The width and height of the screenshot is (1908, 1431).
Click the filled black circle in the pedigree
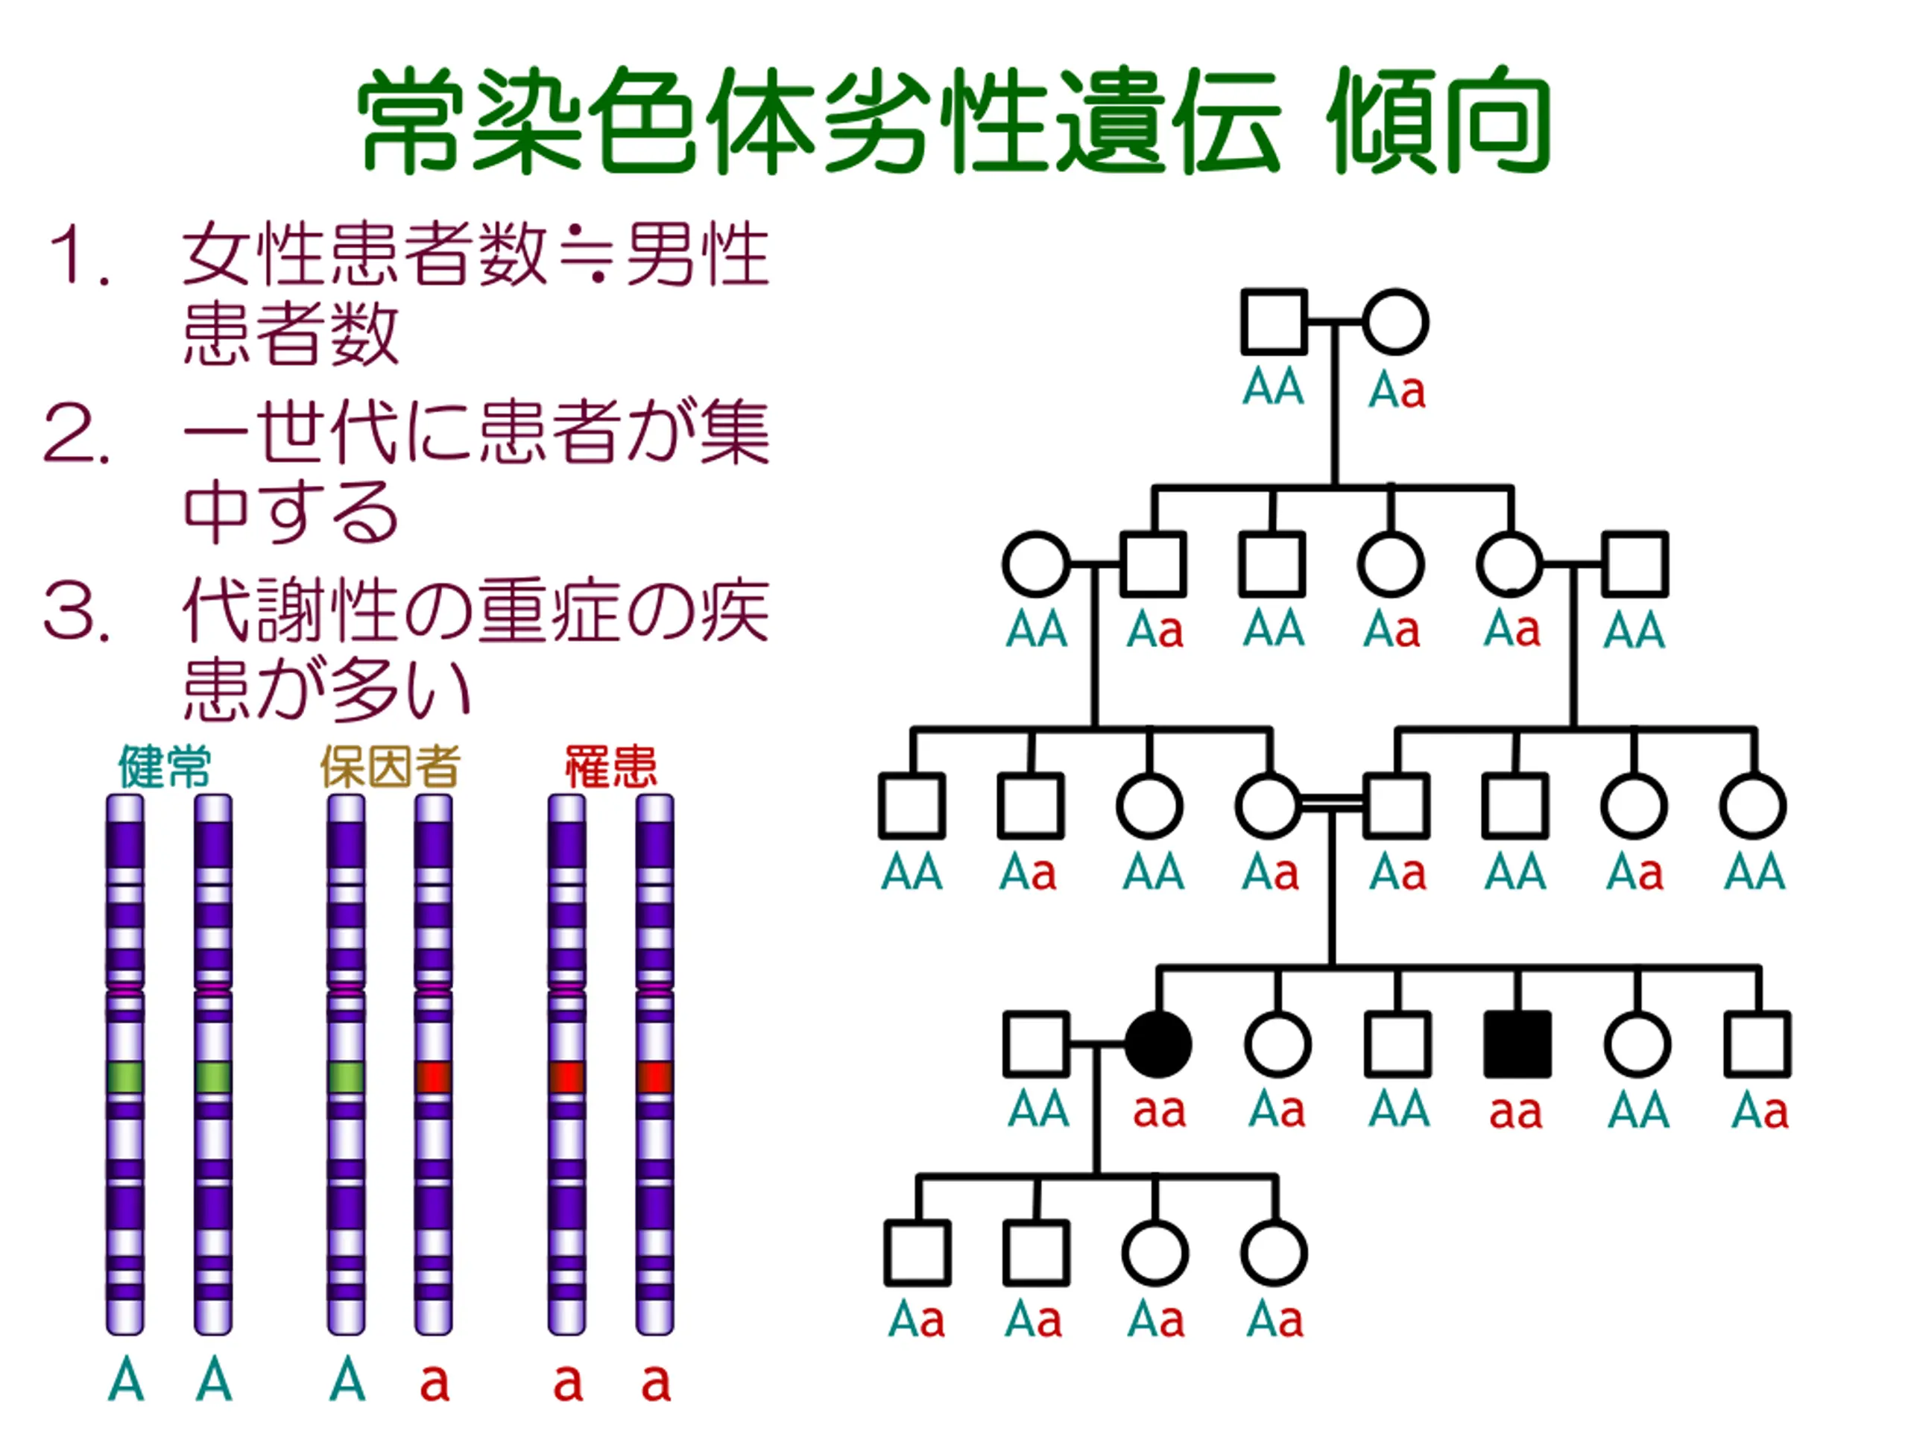[x=1158, y=1045]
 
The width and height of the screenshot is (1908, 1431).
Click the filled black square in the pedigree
[x=1517, y=1045]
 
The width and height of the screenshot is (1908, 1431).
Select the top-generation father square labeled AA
[x=1274, y=322]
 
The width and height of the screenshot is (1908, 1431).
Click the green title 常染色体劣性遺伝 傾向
[x=954, y=121]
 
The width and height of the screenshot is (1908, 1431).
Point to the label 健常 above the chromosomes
[x=165, y=766]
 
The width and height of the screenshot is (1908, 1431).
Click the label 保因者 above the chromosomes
[x=390, y=766]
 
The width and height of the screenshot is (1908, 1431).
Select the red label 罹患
[x=610, y=766]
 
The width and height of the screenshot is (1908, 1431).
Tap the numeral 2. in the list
[x=78, y=434]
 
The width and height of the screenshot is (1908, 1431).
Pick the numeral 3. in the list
[x=78, y=612]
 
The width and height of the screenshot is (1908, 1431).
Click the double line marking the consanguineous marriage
[x=1332, y=805]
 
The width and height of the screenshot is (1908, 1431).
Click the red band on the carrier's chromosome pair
[x=433, y=1076]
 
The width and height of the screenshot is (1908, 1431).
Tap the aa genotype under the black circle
[x=1158, y=1112]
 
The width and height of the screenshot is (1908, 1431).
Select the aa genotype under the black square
[x=1515, y=1112]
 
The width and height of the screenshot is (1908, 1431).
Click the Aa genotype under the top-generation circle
[x=1397, y=391]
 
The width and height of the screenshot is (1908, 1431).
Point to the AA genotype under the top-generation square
[x=1273, y=388]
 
